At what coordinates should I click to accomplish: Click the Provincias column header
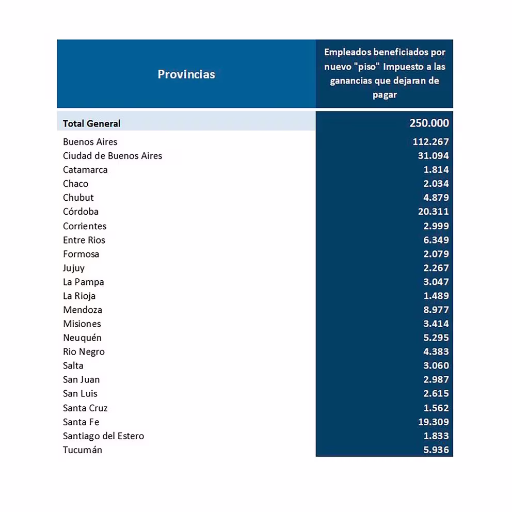point(186,74)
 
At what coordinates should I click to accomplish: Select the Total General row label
point(91,124)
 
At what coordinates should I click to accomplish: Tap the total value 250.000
point(429,123)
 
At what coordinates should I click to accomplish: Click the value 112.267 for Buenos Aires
point(430,142)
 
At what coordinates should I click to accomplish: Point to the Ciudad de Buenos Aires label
point(113,156)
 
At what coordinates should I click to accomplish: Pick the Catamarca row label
point(85,170)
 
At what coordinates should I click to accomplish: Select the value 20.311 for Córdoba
point(433,212)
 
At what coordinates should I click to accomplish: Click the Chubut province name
point(78,198)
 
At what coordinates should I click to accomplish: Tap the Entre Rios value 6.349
point(436,240)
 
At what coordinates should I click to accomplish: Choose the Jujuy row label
point(74,268)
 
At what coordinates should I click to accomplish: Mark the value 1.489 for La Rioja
point(436,296)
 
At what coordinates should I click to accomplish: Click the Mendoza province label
point(83,310)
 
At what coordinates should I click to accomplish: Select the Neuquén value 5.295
point(436,338)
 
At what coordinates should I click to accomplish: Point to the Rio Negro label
point(84,352)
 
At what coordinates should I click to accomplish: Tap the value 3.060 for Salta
point(436,366)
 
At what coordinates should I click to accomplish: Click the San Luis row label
point(80,394)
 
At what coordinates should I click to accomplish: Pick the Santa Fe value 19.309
point(433,422)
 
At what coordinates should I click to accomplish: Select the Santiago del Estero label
point(103,436)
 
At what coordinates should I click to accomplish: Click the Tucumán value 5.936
point(436,450)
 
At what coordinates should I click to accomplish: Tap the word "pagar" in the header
point(385,95)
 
